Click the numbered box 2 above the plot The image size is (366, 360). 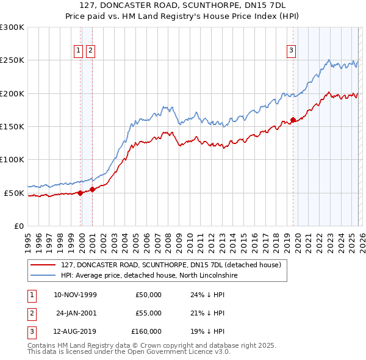[90, 51]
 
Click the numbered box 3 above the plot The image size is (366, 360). [291, 51]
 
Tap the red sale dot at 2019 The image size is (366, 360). [293, 120]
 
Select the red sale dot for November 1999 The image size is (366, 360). [80, 193]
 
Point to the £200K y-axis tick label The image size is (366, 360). [12, 93]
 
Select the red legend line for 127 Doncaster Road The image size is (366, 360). [43, 265]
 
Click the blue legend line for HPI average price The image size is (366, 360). [43, 276]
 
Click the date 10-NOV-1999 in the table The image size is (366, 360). [75, 295]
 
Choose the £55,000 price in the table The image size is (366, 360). [148, 313]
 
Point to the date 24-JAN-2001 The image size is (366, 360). [76, 313]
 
